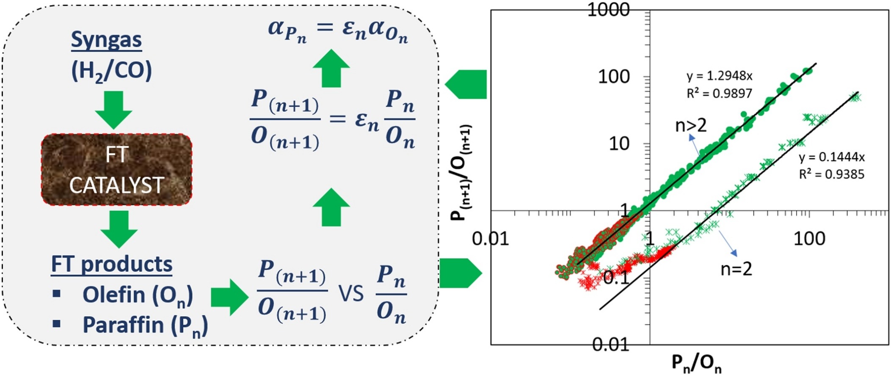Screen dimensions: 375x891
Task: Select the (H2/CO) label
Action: coord(111,71)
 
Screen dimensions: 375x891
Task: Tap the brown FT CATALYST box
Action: coord(116,170)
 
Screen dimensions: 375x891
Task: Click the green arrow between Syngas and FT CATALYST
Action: coord(113,110)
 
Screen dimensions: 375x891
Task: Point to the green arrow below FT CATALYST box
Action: coord(119,229)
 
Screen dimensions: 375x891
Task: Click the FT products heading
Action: coord(112,265)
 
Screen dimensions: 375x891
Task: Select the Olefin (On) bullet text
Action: coord(138,295)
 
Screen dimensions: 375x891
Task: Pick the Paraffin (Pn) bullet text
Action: coord(145,325)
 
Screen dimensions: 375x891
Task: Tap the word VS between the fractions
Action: coord(351,293)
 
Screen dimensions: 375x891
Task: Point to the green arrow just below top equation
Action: coord(331,68)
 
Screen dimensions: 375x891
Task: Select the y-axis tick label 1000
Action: coord(609,10)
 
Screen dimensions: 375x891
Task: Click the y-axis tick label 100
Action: coord(614,77)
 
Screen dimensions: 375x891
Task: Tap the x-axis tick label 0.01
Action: coord(491,239)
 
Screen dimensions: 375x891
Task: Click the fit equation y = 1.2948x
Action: coord(720,76)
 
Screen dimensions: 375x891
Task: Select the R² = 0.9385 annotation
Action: coord(831,174)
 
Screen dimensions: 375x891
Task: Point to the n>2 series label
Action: coord(691,126)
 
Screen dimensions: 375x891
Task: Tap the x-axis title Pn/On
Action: coord(696,363)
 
